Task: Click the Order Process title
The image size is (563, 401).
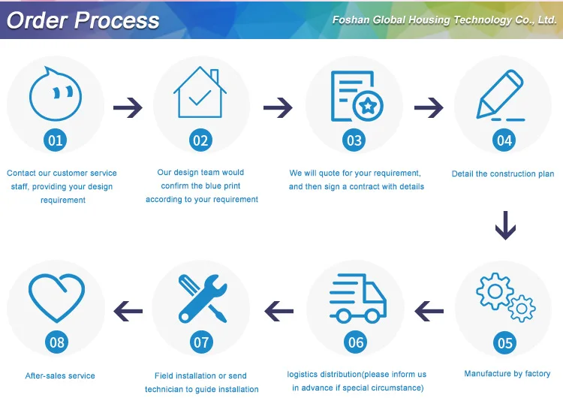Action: [x=83, y=20]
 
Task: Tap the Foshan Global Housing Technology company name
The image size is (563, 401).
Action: [x=444, y=20]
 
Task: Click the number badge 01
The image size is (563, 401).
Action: [x=56, y=140]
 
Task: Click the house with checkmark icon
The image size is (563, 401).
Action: [x=200, y=94]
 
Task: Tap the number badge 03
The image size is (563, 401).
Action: [x=354, y=140]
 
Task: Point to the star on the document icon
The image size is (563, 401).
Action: [x=368, y=107]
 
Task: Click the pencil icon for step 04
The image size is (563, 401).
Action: [x=501, y=95]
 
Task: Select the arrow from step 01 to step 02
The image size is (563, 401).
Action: [x=128, y=109]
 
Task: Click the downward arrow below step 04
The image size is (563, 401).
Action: [x=505, y=225]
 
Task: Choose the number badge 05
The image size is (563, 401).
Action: [x=505, y=343]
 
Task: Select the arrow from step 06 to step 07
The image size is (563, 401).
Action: [x=278, y=309]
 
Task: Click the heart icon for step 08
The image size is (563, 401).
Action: [x=56, y=296]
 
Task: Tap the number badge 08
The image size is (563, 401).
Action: [x=57, y=343]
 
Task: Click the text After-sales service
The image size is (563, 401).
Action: [x=60, y=375]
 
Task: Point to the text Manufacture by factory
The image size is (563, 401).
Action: [x=507, y=373]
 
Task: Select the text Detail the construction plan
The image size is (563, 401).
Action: [x=503, y=174]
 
